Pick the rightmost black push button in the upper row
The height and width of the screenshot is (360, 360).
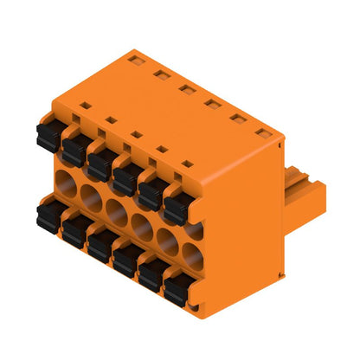point(178,205)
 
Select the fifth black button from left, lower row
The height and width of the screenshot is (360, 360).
point(153,273)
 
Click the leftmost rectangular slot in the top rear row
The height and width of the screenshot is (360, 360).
point(134,60)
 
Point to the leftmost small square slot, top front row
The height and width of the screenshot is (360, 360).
point(84,106)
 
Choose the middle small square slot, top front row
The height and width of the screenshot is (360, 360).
point(137,134)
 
